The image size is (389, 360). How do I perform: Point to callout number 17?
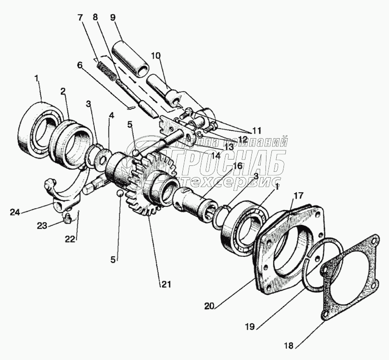[x=298, y=196]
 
